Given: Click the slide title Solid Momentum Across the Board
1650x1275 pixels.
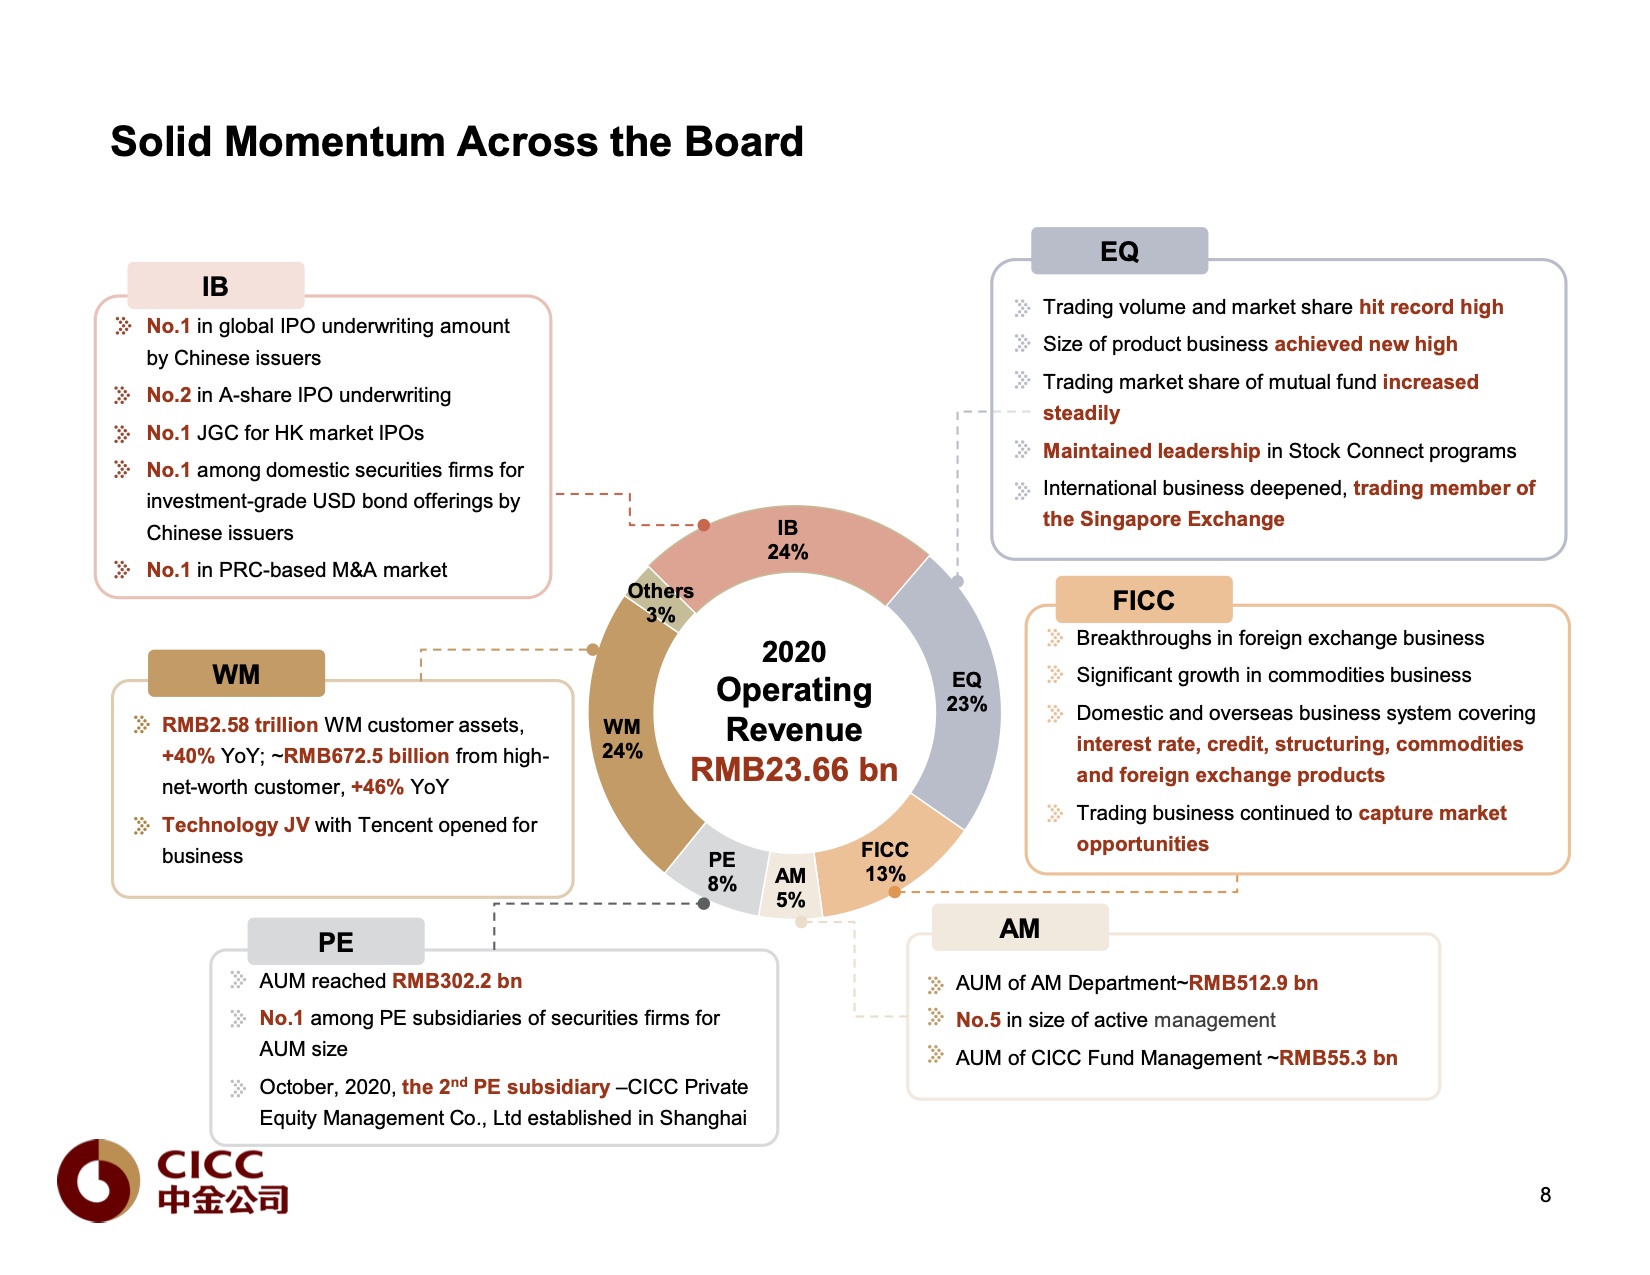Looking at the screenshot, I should click(x=457, y=142).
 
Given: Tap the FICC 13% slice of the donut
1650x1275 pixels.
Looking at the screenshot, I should click(x=885, y=861).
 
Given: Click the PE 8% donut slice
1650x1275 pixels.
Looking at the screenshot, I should click(x=721, y=871).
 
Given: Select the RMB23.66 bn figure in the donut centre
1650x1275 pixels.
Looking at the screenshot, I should click(x=794, y=769).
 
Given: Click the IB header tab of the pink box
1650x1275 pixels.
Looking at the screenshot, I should click(x=215, y=286).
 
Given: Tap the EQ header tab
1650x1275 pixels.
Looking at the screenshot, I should click(x=1119, y=251).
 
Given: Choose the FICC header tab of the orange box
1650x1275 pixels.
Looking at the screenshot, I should click(x=1143, y=600).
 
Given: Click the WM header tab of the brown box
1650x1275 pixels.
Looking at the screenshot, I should click(x=236, y=674).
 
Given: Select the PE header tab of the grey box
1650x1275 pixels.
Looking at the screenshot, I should click(x=336, y=942).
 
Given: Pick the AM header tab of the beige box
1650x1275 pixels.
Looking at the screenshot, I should click(x=1019, y=928).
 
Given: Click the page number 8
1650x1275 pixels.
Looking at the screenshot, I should click(x=1545, y=1195).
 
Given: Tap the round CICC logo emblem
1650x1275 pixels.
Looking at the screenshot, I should click(x=98, y=1180).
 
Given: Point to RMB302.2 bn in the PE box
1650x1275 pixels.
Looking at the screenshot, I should click(x=457, y=981).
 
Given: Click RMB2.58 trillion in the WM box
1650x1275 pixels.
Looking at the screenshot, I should click(x=240, y=725).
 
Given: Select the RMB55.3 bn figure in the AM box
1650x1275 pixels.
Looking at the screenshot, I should click(x=1338, y=1058).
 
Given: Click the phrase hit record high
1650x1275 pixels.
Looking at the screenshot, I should click(x=1431, y=307).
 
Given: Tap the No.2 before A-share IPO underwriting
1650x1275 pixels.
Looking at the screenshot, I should click(x=168, y=395).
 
